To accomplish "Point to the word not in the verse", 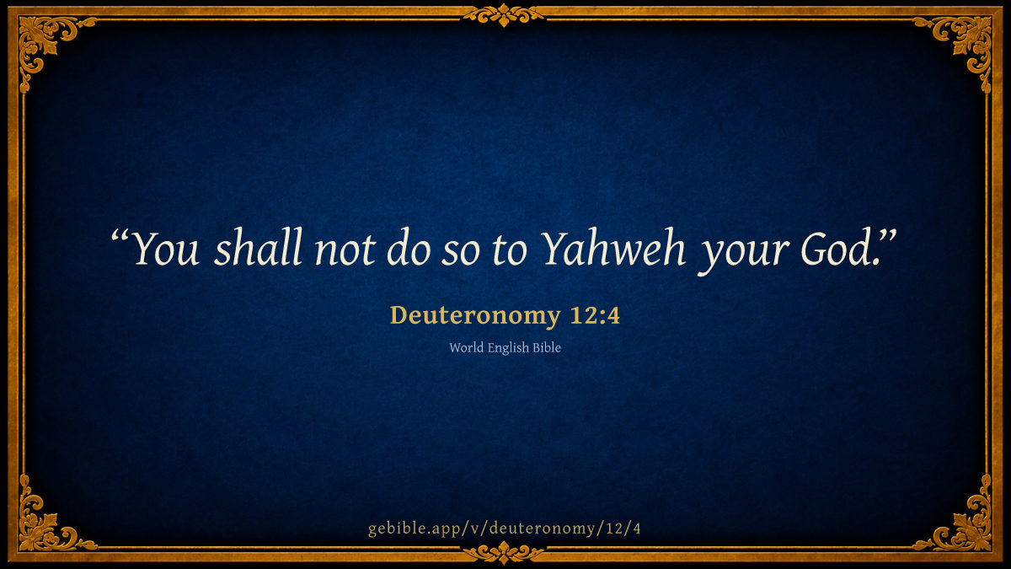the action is [x=345, y=250].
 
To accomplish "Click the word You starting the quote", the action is [x=166, y=248].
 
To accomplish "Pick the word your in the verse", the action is [x=744, y=255].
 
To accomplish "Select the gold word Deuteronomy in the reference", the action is [x=475, y=315].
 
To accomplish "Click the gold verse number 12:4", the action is [x=595, y=315].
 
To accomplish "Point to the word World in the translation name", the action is [x=466, y=347].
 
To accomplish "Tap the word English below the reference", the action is [x=508, y=348].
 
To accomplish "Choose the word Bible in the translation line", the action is [x=547, y=347].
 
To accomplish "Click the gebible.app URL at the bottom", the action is [x=505, y=529].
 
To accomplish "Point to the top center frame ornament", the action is [x=504, y=15].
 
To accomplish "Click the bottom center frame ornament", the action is [x=504, y=553].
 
